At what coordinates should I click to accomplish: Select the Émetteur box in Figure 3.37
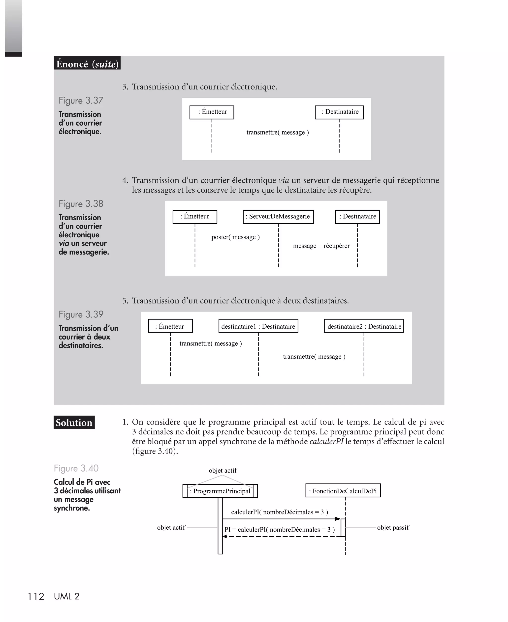212,112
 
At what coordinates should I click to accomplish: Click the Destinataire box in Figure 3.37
339,112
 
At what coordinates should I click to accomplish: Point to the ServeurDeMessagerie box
278,217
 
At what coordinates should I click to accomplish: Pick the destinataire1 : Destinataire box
258,326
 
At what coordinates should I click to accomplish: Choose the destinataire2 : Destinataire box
363,326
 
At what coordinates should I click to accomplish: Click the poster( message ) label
236,237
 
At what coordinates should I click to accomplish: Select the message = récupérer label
321,246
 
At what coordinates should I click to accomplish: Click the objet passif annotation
393,528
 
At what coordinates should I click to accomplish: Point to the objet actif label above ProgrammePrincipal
223,470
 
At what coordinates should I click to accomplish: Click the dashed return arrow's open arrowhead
225,536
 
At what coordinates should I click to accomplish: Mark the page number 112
36,596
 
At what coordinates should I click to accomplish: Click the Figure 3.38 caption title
81,204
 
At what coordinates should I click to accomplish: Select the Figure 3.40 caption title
76,468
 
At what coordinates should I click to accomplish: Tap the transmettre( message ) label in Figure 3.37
277,132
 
